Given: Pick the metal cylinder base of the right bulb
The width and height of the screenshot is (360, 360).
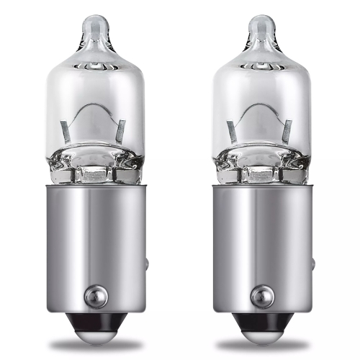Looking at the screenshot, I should coord(261,245).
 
